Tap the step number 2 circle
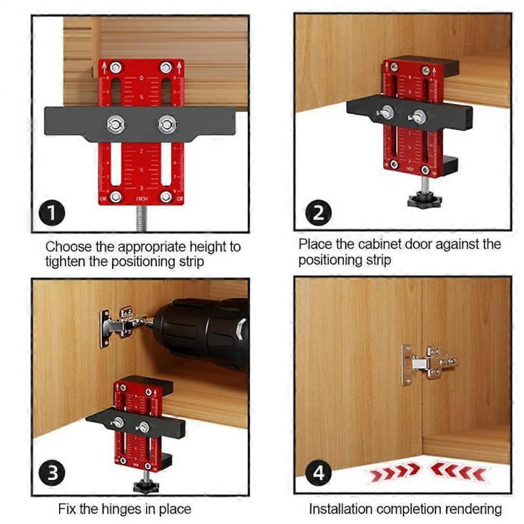318,214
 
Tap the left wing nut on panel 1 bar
116,122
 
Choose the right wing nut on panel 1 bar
166,122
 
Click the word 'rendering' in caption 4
470,508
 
